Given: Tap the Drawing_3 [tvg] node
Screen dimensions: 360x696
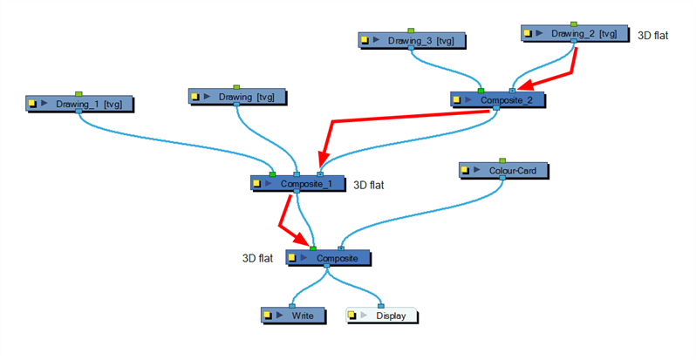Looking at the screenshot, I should pos(412,40).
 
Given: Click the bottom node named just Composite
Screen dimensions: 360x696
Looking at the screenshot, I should pos(329,258).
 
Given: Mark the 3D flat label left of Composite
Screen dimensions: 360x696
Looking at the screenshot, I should pos(257,258).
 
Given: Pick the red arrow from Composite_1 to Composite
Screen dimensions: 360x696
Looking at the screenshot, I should pos(290,220).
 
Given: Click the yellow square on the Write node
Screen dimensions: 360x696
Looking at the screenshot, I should pos(268,315).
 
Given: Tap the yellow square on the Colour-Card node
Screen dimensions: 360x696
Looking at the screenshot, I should pos(467,172).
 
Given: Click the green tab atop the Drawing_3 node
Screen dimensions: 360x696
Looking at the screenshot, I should pos(411,31).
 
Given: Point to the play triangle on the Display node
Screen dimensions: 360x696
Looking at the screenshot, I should pos(365,315).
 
